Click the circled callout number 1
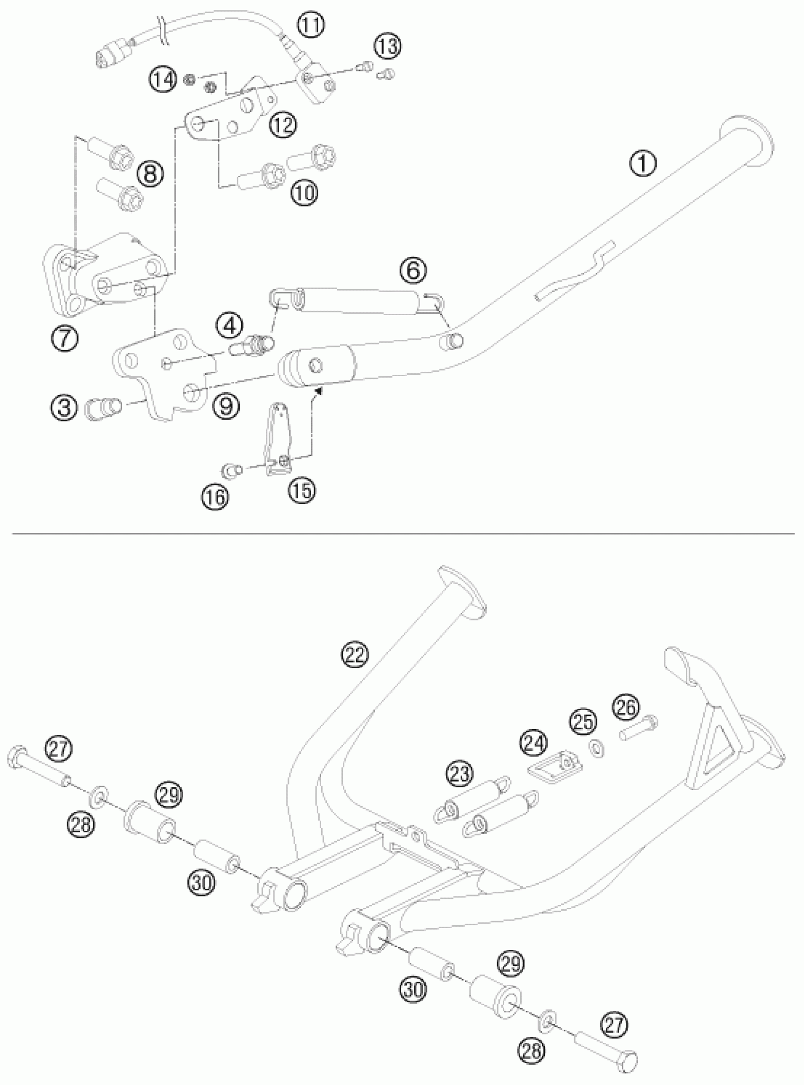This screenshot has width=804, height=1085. pos(643,164)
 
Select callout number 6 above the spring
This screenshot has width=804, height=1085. pos(413,270)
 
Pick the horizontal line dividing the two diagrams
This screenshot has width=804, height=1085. pos(402,534)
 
